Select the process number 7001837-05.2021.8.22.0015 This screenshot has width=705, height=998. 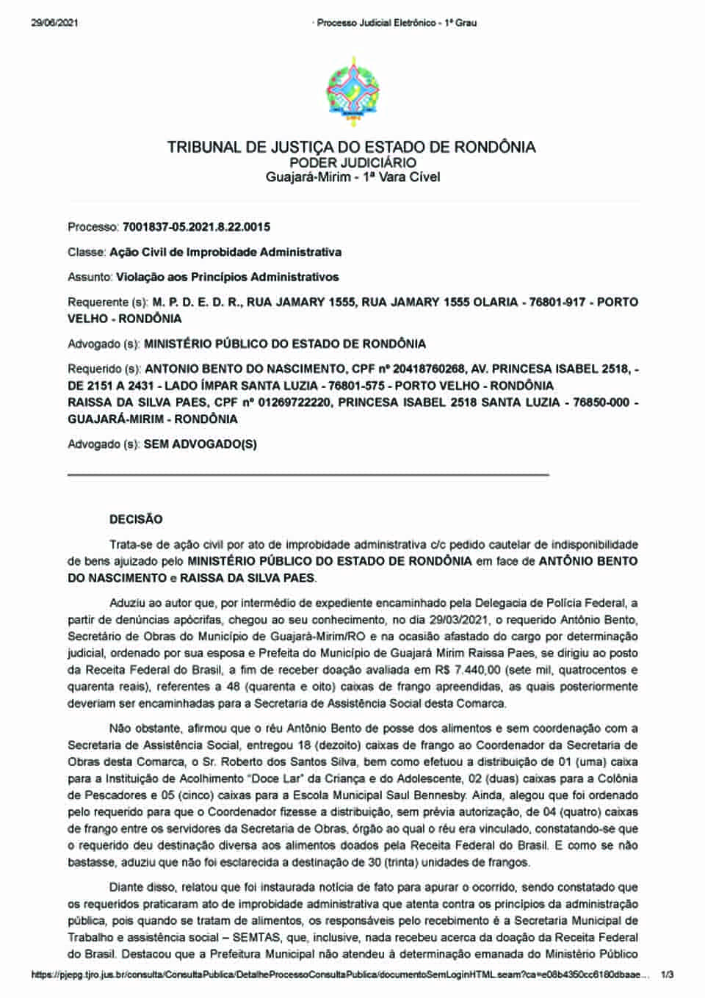pyautogui.click(x=196, y=227)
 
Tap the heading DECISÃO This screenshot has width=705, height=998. pyautogui.click(x=136, y=519)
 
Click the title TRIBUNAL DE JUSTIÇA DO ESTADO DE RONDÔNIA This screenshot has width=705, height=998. pyautogui.click(x=352, y=147)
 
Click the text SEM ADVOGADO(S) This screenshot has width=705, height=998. pyautogui.click(x=200, y=444)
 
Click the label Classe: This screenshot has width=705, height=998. pyautogui.click(x=87, y=252)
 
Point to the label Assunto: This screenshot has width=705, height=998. pyautogui.click(x=90, y=277)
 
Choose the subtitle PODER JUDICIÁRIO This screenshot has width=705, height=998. pyautogui.click(x=352, y=162)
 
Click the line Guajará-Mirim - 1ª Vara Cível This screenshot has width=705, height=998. pyautogui.click(x=352, y=177)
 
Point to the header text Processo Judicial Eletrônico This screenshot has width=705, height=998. pyautogui.click(x=374, y=23)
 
